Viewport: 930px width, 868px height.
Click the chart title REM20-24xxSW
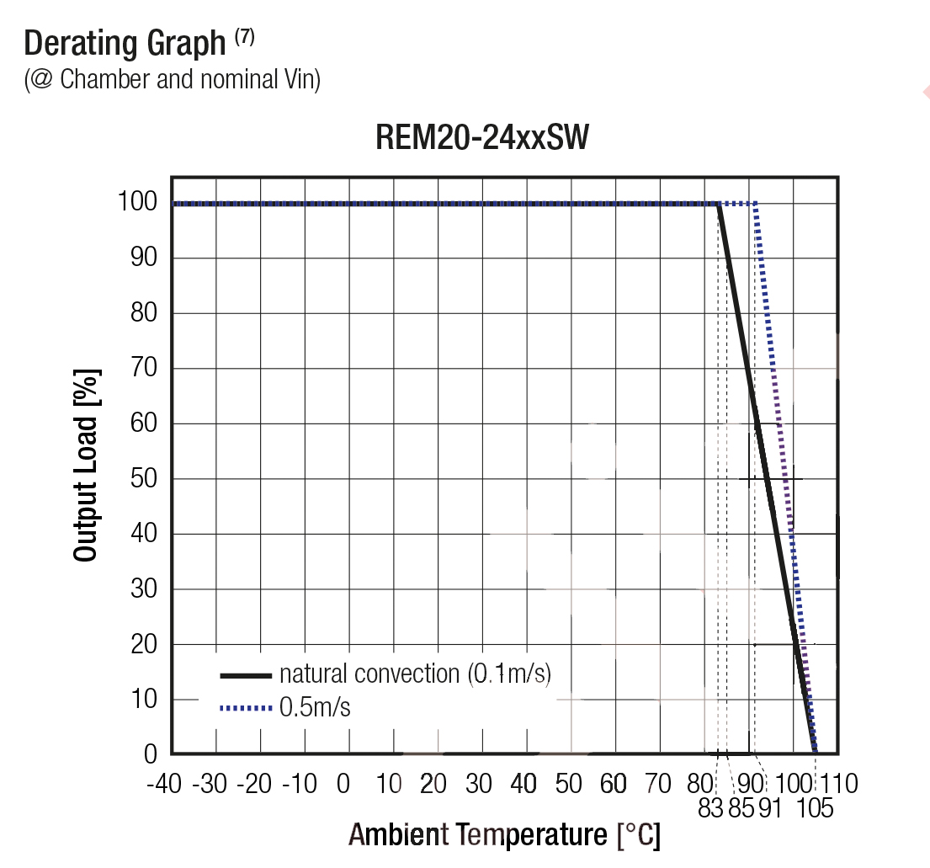coord(481,138)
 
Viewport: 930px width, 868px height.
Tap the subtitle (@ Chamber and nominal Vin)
coord(173,79)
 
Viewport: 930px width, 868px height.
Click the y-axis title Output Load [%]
coord(86,465)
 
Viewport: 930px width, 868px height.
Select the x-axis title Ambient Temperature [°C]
coord(504,835)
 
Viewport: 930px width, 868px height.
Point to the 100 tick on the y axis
coord(137,203)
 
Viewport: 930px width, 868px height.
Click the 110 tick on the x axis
coord(837,785)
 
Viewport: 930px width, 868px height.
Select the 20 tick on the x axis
coord(433,785)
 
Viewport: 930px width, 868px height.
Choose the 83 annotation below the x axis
coord(711,809)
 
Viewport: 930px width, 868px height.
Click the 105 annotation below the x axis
coord(814,809)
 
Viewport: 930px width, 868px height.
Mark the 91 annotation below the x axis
coord(769,809)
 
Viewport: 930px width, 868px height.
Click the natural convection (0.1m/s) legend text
coord(415,674)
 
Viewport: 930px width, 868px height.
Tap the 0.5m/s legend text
coord(315,708)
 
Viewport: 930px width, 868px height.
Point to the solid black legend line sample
coord(245,675)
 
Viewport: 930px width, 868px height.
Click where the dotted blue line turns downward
coord(757,204)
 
